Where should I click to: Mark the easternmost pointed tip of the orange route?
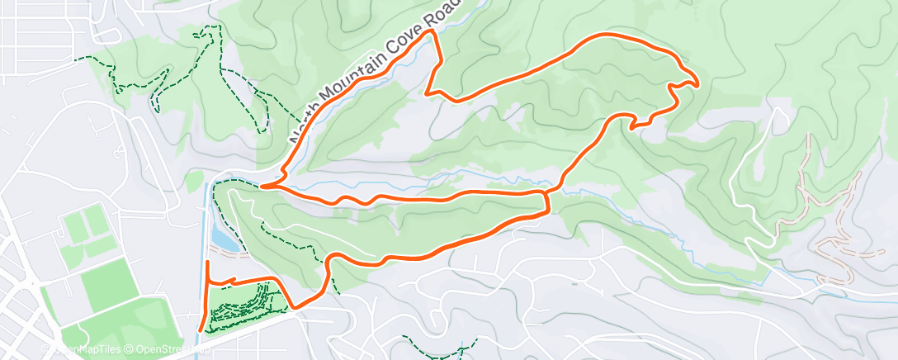click(x=698, y=83)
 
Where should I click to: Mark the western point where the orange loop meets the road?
click(x=262, y=187)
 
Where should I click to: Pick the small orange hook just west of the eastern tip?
click(x=633, y=126)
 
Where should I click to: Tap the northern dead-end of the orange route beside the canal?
click(x=207, y=263)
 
